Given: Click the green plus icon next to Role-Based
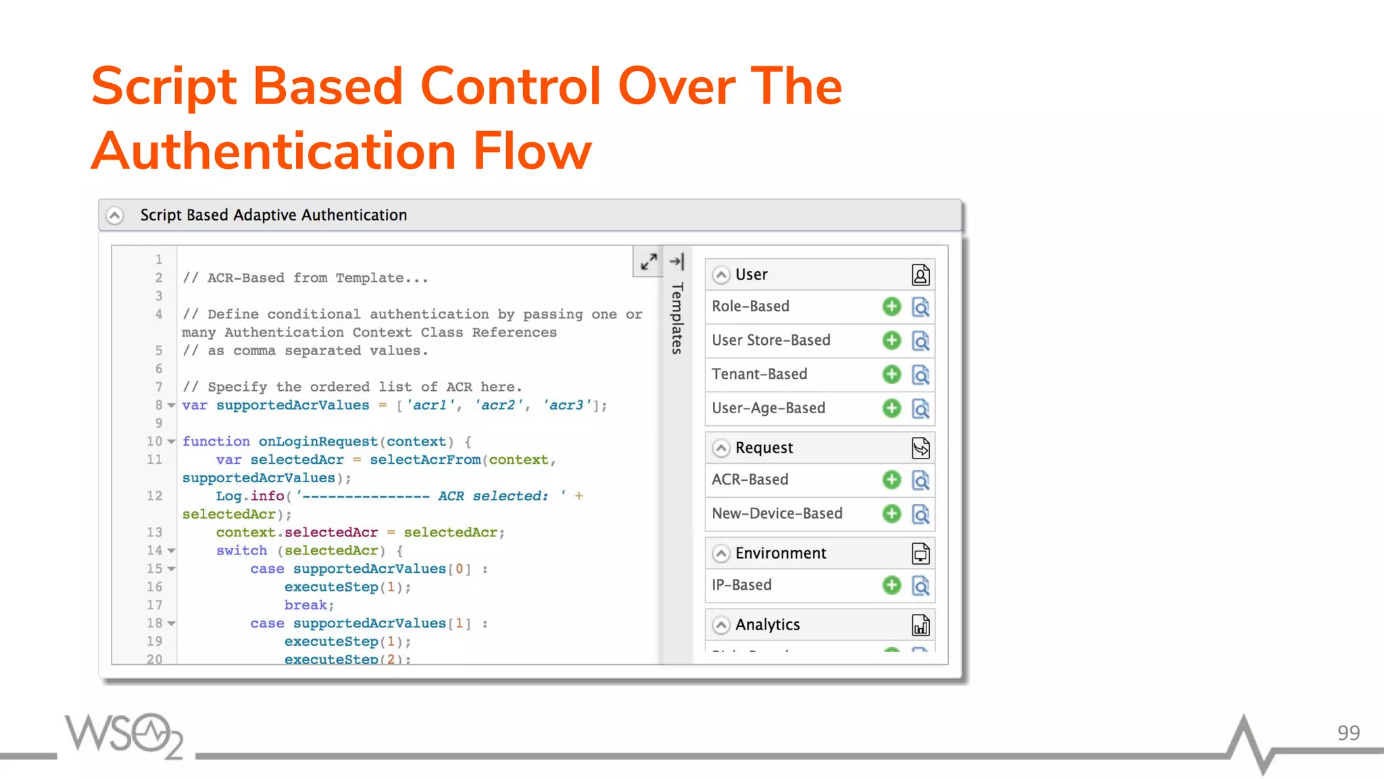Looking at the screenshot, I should pos(891,306).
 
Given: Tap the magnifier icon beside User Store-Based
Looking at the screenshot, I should pos(920,341).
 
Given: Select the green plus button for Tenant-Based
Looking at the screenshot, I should pos(891,374).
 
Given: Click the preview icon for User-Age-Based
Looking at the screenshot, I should pos(920,408).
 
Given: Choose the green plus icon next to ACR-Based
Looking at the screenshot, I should pos(891,479).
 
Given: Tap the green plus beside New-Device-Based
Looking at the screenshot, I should pos(891,513).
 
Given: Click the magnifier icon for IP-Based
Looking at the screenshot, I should pos(920,586).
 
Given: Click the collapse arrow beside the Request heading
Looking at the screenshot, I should pos(721,448).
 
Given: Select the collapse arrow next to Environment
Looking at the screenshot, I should pos(721,553).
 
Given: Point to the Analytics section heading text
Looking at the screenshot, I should pos(767,625).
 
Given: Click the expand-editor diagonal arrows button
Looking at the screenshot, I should pos(649,261).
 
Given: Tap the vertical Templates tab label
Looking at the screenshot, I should pos(677,318).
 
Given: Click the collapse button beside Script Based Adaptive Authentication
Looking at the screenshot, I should pos(115,215).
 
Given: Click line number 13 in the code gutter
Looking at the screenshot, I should pos(155,532).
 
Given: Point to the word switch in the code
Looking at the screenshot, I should pos(241,550).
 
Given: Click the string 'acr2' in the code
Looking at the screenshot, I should pos(499,405).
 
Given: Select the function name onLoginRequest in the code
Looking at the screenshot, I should pos(318,442).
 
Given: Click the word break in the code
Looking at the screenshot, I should pos(305,605).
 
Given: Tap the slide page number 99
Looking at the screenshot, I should pos(1348,733).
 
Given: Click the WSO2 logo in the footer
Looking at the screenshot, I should pos(124,735).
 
